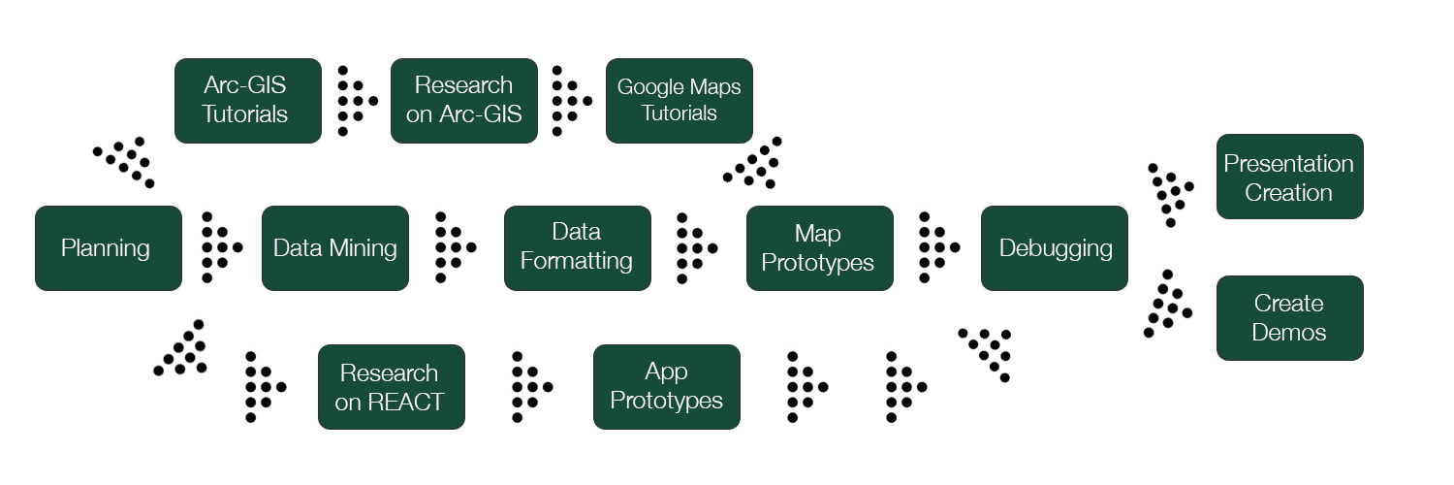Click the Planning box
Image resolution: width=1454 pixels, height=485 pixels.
[x=108, y=248]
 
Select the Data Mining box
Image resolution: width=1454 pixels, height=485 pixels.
[x=335, y=248]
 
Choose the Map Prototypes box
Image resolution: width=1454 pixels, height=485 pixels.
[x=819, y=248]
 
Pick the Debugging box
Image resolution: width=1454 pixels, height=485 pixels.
[x=1055, y=248]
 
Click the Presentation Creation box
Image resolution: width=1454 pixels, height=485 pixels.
[x=1289, y=178]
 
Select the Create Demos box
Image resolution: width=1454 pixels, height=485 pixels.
[x=1289, y=318]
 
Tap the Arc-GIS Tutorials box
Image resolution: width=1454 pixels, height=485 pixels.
[x=247, y=101]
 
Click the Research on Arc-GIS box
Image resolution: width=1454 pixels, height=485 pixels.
[x=464, y=101]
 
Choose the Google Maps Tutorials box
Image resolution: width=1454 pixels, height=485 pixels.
[x=680, y=101]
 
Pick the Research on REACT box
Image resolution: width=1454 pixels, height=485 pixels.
[x=391, y=387]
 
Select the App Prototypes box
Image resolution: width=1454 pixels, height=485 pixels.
[x=666, y=386]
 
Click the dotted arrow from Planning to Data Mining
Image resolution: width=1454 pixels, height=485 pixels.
[x=219, y=247]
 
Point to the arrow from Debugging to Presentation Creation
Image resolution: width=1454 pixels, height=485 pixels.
[x=1170, y=192]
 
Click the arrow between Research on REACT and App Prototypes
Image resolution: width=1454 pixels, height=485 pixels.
[x=529, y=387]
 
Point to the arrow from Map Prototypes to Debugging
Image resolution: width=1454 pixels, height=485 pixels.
[x=936, y=247]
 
